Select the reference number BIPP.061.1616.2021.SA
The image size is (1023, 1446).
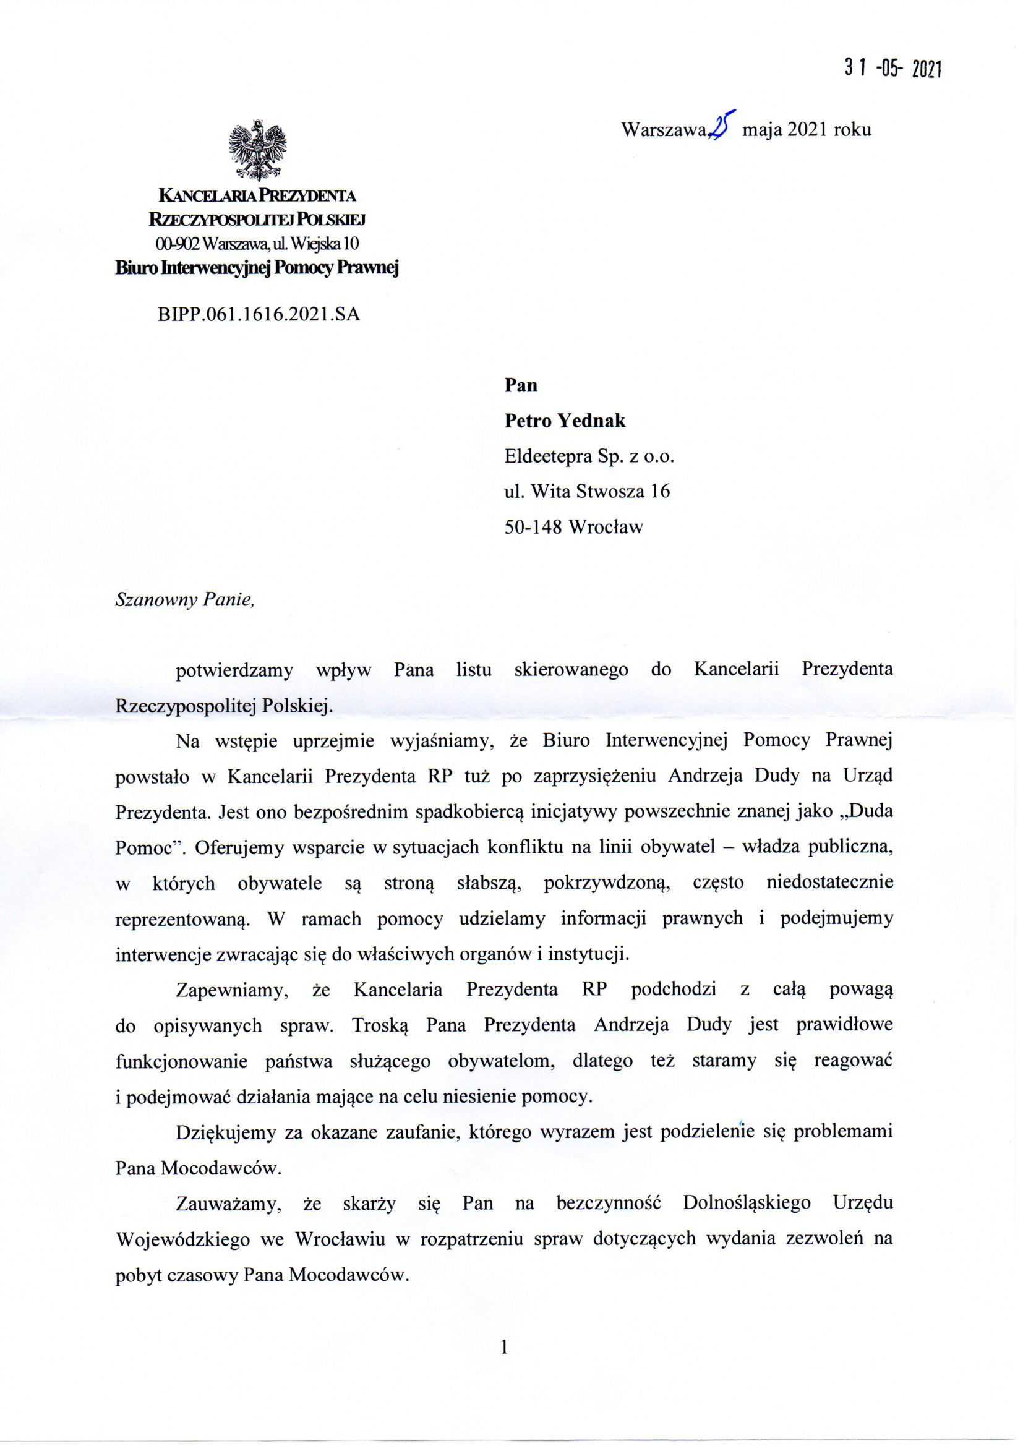click(259, 314)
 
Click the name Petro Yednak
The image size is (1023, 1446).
click(565, 421)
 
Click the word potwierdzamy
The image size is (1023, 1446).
click(234, 669)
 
